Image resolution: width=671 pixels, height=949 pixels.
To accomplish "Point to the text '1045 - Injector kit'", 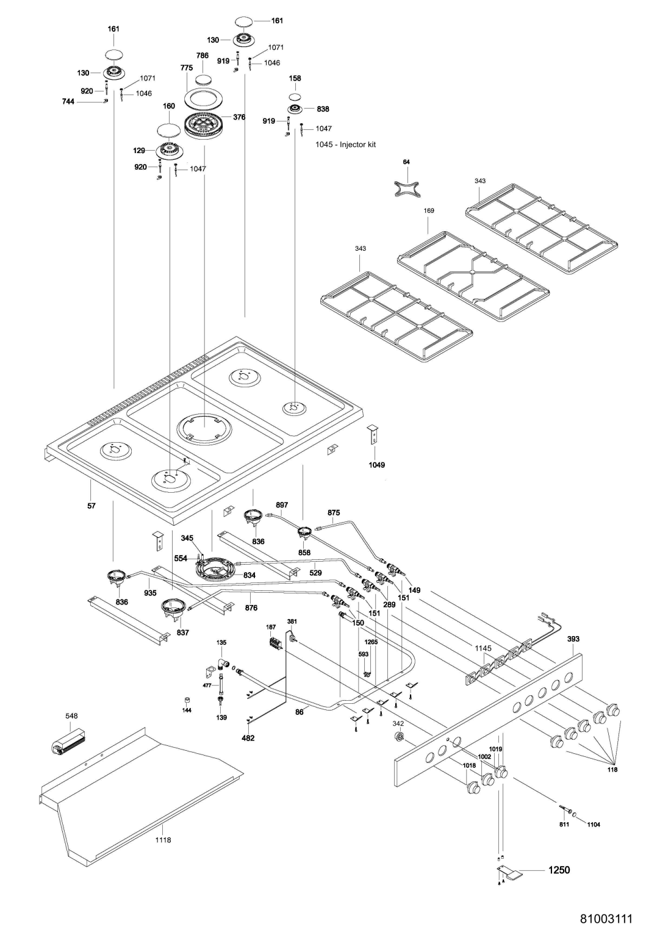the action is pos(345,145).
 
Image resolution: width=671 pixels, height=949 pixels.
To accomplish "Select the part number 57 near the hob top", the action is pos(91,506).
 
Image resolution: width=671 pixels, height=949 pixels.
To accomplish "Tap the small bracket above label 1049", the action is pos(371,434).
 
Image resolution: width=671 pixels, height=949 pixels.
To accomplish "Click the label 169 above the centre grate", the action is pos(429,210).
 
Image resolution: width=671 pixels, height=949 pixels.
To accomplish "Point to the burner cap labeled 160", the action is pos(169,130).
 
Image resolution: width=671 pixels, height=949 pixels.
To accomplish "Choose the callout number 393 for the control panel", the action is pos(573,639).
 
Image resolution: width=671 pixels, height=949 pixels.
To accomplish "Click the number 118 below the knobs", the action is pos(612,769).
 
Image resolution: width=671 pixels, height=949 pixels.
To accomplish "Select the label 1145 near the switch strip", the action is pos(483,648).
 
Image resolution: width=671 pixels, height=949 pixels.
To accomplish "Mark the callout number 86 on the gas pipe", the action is pos(299,712).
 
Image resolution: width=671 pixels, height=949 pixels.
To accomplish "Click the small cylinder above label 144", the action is pos(186,699).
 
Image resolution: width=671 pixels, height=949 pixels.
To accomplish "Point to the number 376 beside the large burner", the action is pos(239,117).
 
